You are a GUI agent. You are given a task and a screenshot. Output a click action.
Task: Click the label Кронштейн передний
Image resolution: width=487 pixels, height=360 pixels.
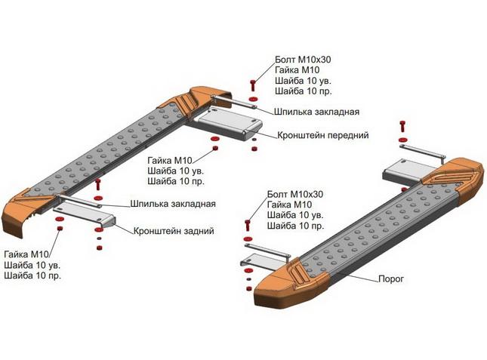322,135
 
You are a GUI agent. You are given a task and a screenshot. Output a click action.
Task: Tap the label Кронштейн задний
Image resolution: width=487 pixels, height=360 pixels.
174,231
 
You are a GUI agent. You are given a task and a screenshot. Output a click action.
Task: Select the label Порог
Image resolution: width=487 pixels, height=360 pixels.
391,279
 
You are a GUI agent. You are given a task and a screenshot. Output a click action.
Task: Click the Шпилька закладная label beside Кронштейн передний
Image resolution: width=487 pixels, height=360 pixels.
316,112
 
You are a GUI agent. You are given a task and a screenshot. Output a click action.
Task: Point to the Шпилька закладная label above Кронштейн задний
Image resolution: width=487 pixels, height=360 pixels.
173,204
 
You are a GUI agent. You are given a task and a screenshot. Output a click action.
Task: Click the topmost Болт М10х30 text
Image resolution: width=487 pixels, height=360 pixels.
303,60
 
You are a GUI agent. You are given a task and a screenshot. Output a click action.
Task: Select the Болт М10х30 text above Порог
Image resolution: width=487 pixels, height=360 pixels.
295,194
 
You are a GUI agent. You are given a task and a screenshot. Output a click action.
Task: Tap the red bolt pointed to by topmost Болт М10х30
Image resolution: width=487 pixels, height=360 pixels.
253,85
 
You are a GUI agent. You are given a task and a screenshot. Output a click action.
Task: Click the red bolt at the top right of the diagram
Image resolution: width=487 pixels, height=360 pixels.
403,125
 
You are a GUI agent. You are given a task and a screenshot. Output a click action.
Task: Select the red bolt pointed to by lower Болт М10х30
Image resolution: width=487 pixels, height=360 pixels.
248,225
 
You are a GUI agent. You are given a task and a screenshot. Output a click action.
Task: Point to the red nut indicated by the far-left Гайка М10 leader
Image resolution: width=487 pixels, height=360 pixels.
60,229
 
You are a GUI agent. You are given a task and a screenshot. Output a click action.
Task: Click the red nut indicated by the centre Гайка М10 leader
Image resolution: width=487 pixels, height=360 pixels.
214,148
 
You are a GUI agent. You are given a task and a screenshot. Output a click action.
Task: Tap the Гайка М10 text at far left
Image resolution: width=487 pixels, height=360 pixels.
26,254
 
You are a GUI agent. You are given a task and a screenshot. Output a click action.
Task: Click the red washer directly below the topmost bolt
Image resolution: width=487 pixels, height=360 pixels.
253,99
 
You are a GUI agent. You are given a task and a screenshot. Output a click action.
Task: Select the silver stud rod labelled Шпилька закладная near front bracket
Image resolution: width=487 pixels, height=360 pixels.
234,102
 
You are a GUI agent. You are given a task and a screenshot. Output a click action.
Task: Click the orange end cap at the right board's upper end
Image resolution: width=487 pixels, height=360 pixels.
456,177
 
